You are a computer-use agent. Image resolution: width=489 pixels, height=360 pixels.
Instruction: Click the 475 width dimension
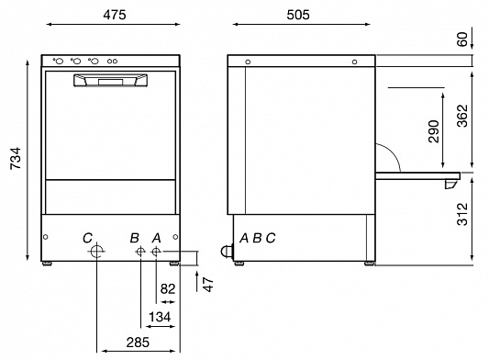click(115, 15)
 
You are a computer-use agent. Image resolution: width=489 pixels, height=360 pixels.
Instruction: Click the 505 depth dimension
click(298, 15)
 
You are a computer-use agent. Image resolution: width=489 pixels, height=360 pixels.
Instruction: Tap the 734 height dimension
click(16, 158)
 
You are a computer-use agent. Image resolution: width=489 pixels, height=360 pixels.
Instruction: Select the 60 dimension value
click(462, 39)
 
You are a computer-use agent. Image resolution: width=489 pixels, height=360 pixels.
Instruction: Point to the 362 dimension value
click(462, 116)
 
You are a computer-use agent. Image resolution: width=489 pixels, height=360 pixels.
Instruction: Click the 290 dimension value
click(433, 131)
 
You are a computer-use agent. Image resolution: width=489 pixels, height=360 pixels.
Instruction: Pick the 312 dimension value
click(462, 214)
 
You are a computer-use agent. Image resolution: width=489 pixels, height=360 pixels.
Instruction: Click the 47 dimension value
click(208, 284)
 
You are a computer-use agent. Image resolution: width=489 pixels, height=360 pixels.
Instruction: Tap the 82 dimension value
click(168, 288)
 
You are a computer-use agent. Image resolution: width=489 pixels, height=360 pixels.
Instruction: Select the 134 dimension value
click(160, 317)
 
